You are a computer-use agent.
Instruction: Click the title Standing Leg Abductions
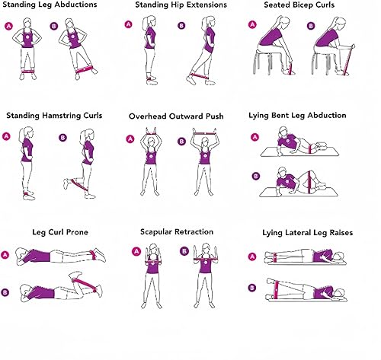(x=51, y=6)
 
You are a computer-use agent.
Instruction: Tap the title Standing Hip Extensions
(x=181, y=6)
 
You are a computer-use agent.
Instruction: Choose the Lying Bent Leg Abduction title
(x=308, y=116)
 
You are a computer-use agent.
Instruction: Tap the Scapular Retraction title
(x=176, y=231)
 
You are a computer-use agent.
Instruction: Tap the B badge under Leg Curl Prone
(x=7, y=290)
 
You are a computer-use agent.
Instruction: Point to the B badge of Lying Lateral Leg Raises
(x=253, y=288)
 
